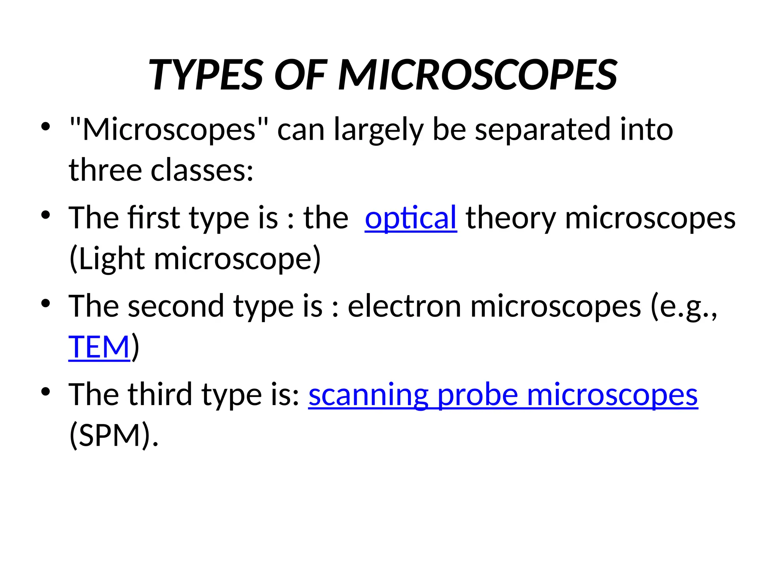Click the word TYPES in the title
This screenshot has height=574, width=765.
point(206,75)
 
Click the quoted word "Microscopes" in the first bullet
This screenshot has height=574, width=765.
point(169,129)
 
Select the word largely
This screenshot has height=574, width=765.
point(378,130)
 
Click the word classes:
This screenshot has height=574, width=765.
point(202,170)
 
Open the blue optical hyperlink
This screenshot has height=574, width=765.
point(411,218)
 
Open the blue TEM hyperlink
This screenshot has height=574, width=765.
point(99,347)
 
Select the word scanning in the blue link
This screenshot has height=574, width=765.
point(368,395)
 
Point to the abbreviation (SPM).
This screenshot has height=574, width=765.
point(114,436)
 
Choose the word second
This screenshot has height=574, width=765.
point(176,306)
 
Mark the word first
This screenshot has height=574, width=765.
point(154,218)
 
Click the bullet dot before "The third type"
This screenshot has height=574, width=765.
point(46,392)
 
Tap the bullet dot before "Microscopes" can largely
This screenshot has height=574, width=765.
point(46,127)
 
